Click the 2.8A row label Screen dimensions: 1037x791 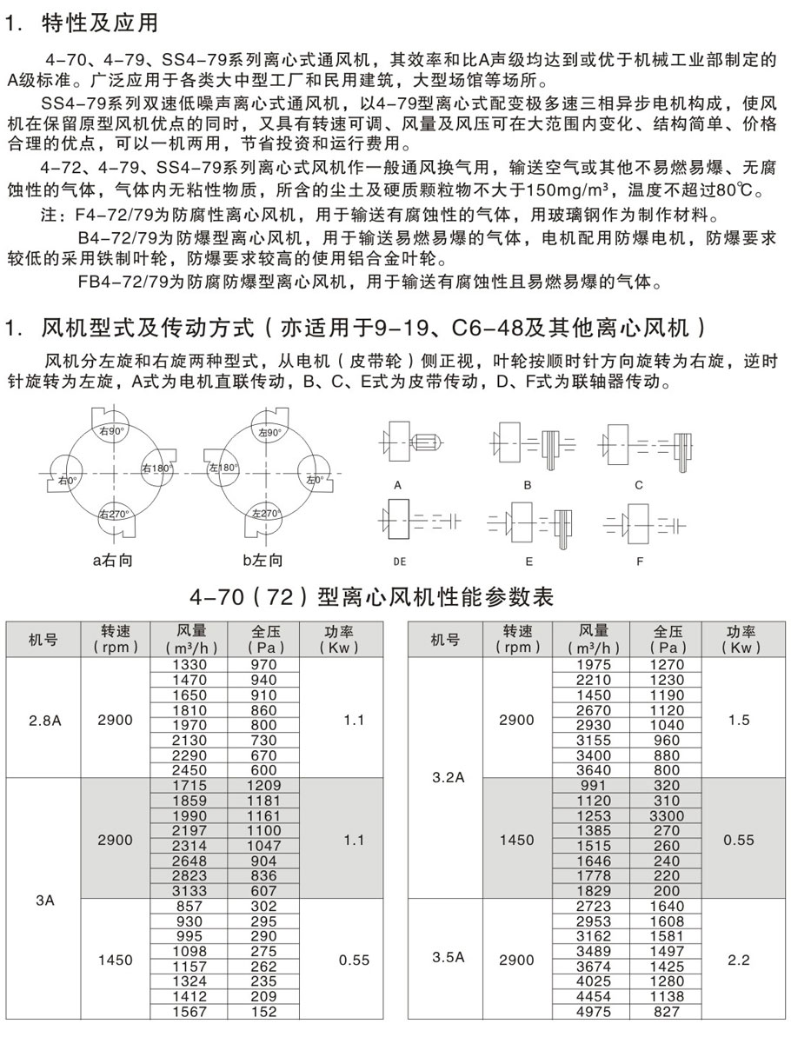pyautogui.click(x=43, y=719)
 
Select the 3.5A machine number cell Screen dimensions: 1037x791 pyautogui.click(x=449, y=959)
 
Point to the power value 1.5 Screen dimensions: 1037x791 pyautogui.click(x=740, y=720)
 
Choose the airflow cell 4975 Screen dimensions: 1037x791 pyautogui.click(x=594, y=1012)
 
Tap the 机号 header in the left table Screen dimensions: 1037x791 pyautogui.click(x=43, y=640)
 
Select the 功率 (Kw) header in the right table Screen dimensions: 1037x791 pyautogui.click(x=740, y=640)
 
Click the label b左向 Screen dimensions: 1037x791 pyautogui.click(x=263, y=561)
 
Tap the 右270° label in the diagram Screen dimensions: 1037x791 pyautogui.click(x=114, y=514)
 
